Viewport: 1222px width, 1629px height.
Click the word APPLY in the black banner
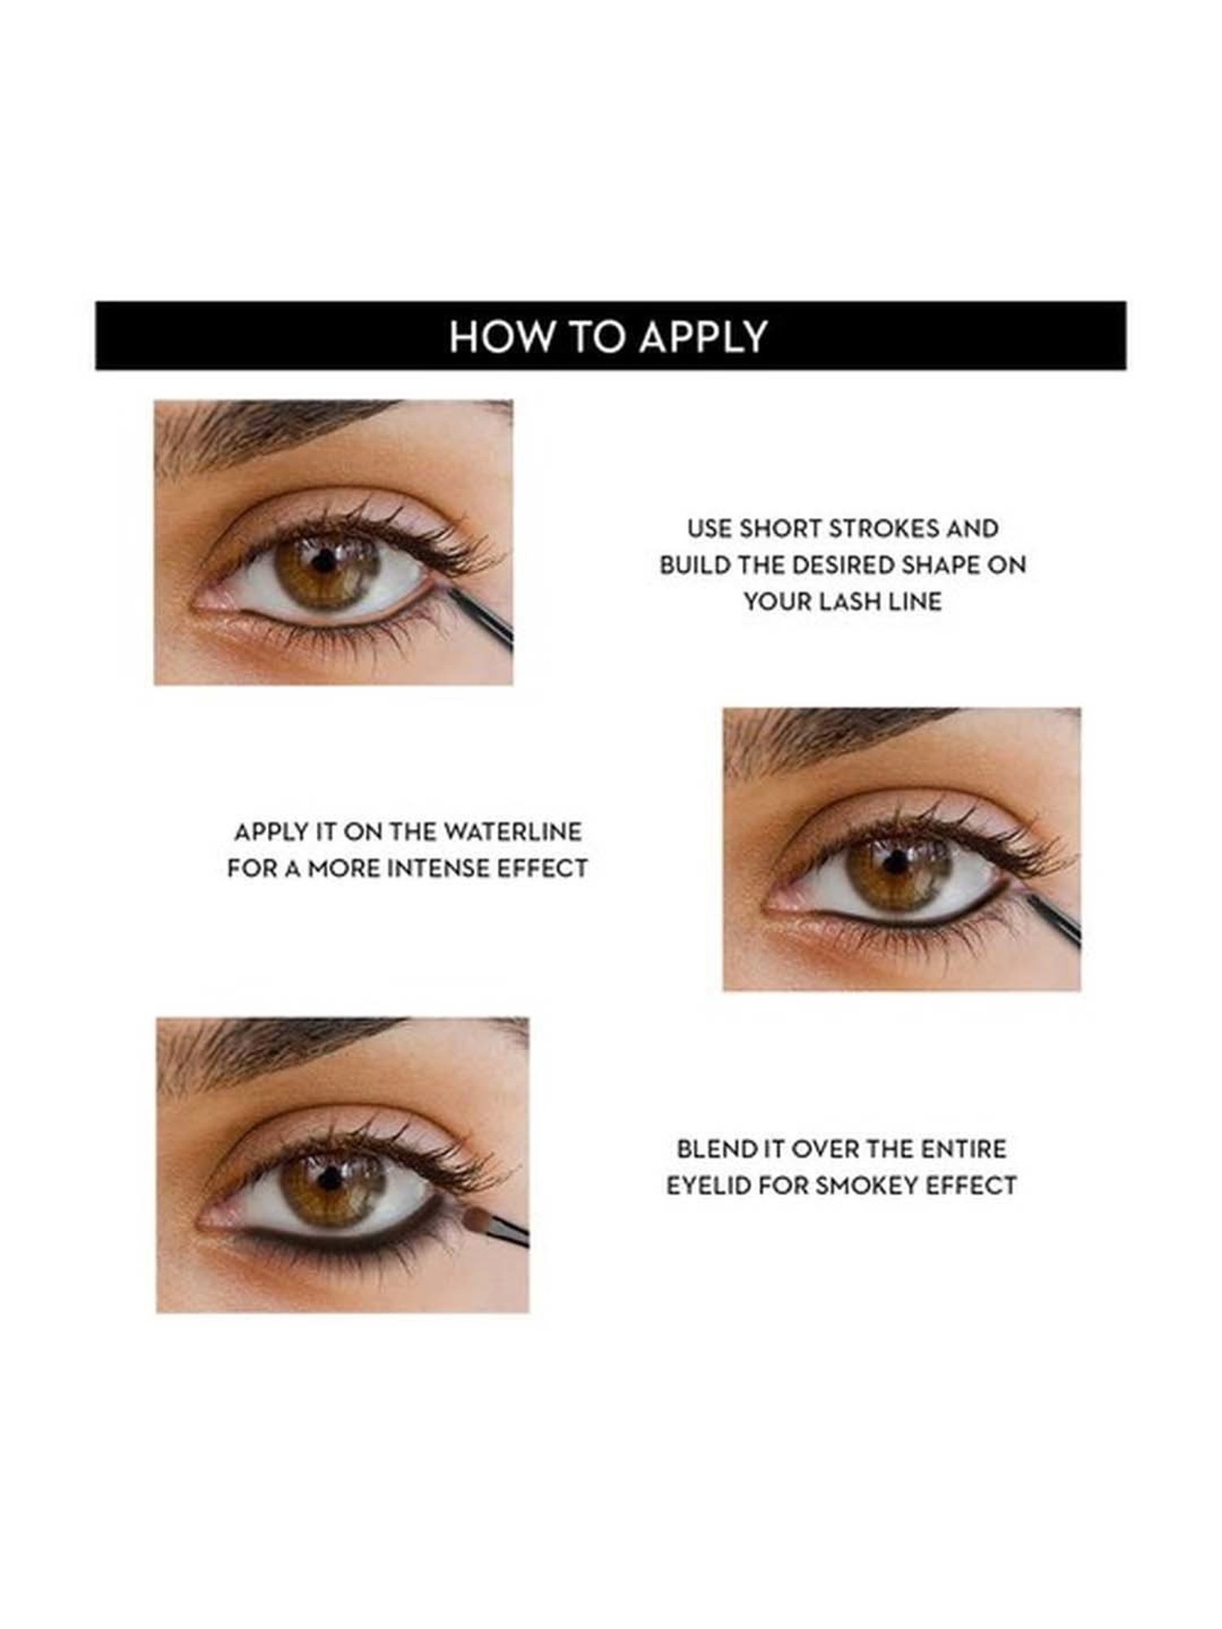click(x=702, y=336)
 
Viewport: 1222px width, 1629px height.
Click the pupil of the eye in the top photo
click(x=325, y=560)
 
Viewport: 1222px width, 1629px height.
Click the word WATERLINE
click(x=513, y=832)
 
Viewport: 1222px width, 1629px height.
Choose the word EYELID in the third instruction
click(x=705, y=1185)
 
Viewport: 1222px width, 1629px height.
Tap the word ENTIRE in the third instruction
click(x=964, y=1148)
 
